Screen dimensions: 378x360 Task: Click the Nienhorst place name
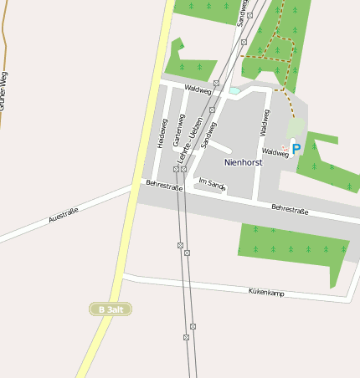(243, 162)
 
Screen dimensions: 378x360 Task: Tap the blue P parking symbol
(296, 149)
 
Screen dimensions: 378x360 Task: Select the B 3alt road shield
(111, 309)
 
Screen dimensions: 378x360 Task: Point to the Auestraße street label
(64, 215)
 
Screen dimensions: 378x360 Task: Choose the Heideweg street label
(162, 133)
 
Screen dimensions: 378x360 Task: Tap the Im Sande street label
(212, 183)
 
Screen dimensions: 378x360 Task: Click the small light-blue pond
(234, 90)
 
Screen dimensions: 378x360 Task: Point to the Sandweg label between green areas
(244, 12)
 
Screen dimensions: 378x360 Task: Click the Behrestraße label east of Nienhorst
(290, 210)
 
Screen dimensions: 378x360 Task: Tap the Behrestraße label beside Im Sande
(164, 186)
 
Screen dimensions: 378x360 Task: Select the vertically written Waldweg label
(265, 121)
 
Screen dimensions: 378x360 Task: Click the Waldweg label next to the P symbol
(275, 152)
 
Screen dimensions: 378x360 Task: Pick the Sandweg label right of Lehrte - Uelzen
(208, 134)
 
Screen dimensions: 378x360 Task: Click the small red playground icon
(285, 148)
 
